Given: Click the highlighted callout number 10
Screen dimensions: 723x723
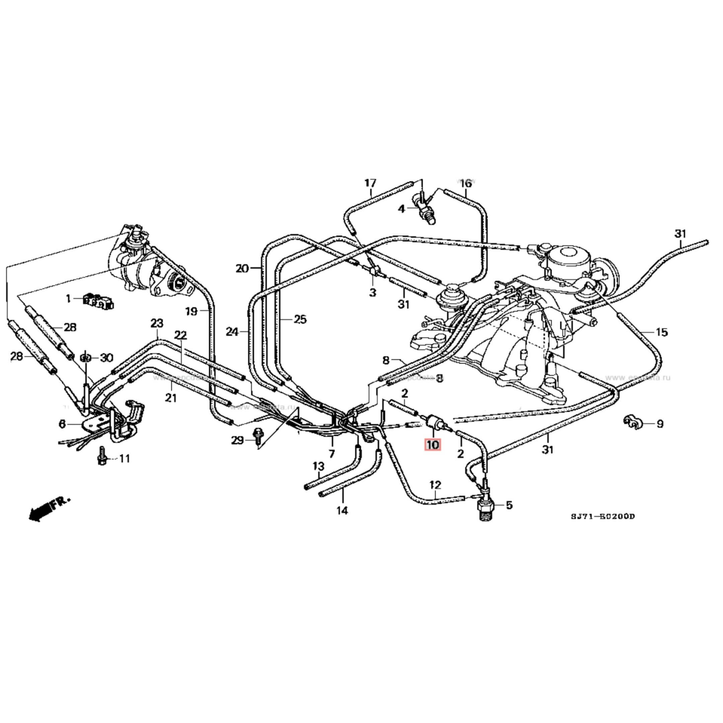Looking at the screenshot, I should pos(432,445).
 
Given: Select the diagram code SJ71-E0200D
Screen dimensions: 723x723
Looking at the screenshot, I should pos(602,517).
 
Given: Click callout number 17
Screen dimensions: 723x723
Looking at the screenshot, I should pos(370,183).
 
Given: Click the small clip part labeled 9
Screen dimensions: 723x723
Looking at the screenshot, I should pos(632,422).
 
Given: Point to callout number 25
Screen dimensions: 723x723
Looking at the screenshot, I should pos(300,319).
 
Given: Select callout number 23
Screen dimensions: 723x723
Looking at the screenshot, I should pos(157,323).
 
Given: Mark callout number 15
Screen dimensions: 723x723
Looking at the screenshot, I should pos(662,332).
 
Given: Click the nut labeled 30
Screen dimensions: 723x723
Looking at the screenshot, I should pos(86,358).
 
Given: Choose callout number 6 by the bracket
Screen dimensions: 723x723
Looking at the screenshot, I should pos(62,424).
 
